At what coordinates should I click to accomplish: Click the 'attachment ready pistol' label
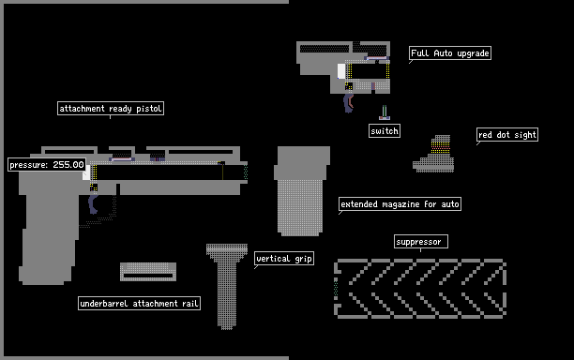click(x=111, y=109)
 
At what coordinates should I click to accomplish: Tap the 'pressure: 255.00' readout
click(x=47, y=165)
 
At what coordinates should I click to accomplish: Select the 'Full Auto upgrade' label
click(x=450, y=53)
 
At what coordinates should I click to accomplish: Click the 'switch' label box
click(x=385, y=131)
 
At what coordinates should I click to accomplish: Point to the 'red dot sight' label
click(x=507, y=135)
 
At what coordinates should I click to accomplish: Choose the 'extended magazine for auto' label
click(x=400, y=203)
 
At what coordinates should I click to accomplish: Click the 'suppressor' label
click(x=421, y=242)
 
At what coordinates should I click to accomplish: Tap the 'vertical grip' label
click(x=284, y=259)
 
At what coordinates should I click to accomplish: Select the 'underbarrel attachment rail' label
click(x=139, y=304)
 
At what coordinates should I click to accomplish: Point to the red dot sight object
click(x=434, y=155)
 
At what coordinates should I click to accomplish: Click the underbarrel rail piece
click(x=148, y=272)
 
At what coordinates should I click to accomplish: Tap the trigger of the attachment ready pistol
click(x=93, y=204)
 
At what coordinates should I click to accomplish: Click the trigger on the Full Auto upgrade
click(x=348, y=103)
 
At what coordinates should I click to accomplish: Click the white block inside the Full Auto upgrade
click(x=341, y=71)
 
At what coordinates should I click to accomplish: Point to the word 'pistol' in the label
click(x=149, y=109)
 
